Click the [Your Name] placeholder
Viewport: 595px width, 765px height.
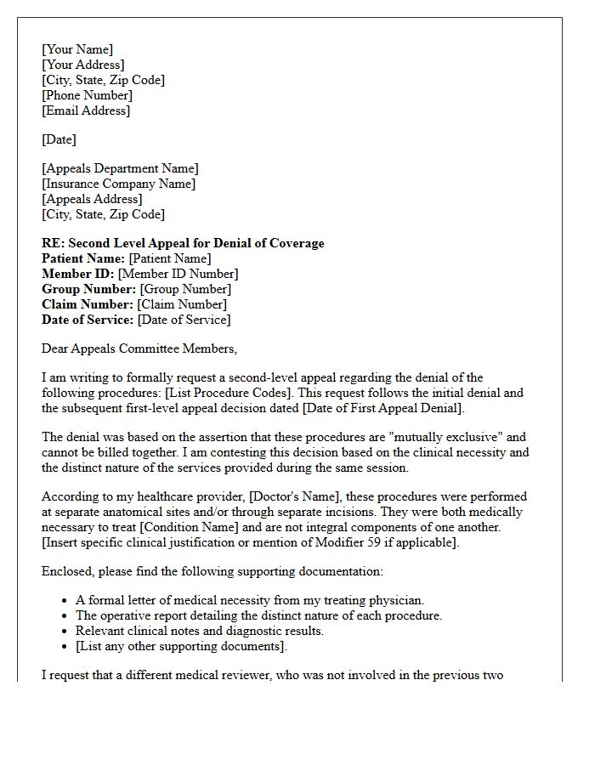pyautogui.click(x=77, y=49)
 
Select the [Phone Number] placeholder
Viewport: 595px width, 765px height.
pyautogui.click(x=87, y=95)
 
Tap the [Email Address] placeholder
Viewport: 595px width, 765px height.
pyautogui.click(x=86, y=110)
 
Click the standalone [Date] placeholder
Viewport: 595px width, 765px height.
pyautogui.click(x=59, y=139)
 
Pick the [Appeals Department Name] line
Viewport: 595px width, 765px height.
pyautogui.click(x=120, y=168)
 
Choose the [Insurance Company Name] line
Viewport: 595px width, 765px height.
pyautogui.click(x=118, y=184)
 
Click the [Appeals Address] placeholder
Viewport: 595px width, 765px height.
pyautogui.click(x=92, y=199)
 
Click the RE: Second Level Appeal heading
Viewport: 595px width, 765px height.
pyautogui.click(x=183, y=243)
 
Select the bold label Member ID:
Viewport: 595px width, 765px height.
pyautogui.click(x=78, y=274)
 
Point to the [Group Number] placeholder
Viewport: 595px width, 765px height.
pyautogui.click(x=184, y=289)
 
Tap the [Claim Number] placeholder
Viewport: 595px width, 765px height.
pyautogui.click(x=182, y=304)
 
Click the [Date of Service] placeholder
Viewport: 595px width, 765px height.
pyautogui.click(x=184, y=320)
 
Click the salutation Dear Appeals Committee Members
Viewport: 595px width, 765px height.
pyautogui.click(x=139, y=348)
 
